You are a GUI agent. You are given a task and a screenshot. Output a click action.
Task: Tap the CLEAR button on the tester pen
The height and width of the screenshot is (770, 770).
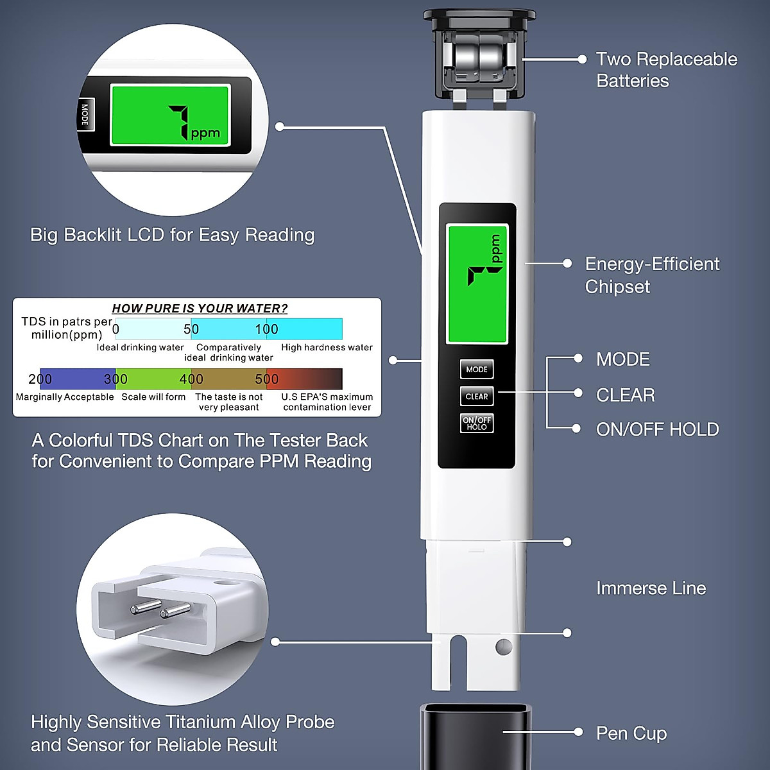477,397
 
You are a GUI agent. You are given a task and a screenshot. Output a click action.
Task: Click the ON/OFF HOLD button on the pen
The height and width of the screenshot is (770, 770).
477,424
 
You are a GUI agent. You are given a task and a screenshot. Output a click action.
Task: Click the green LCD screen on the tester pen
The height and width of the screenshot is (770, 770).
477,284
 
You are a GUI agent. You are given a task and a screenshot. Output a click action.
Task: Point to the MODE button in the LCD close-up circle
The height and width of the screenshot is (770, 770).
85,115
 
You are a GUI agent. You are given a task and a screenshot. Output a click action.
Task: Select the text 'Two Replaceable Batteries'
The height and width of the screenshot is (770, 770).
666,70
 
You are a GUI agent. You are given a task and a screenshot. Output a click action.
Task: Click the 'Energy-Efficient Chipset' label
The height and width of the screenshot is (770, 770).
652,275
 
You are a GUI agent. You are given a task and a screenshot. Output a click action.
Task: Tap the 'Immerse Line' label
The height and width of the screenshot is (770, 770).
651,588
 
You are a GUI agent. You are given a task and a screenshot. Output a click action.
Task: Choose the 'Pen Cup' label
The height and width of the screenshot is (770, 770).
631,733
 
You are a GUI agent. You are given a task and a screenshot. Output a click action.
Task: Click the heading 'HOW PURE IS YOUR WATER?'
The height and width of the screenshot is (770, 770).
200,309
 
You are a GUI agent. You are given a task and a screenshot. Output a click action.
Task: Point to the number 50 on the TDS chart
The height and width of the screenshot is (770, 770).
191,329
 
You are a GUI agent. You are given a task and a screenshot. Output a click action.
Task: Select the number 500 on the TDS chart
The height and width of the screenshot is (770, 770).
267,379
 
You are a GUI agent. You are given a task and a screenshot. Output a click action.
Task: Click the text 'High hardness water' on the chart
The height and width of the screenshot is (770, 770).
327,348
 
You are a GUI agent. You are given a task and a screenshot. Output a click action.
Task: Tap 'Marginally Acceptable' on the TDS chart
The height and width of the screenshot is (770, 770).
65,397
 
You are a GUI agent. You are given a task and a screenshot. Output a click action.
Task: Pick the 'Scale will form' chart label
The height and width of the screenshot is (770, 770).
153,397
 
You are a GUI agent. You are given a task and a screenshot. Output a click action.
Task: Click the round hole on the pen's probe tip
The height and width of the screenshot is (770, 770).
504,646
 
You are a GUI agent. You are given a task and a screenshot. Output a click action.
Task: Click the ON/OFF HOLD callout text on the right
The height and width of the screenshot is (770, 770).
657,429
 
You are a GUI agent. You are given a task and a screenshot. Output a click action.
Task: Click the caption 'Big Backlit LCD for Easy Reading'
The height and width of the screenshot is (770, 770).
172,235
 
